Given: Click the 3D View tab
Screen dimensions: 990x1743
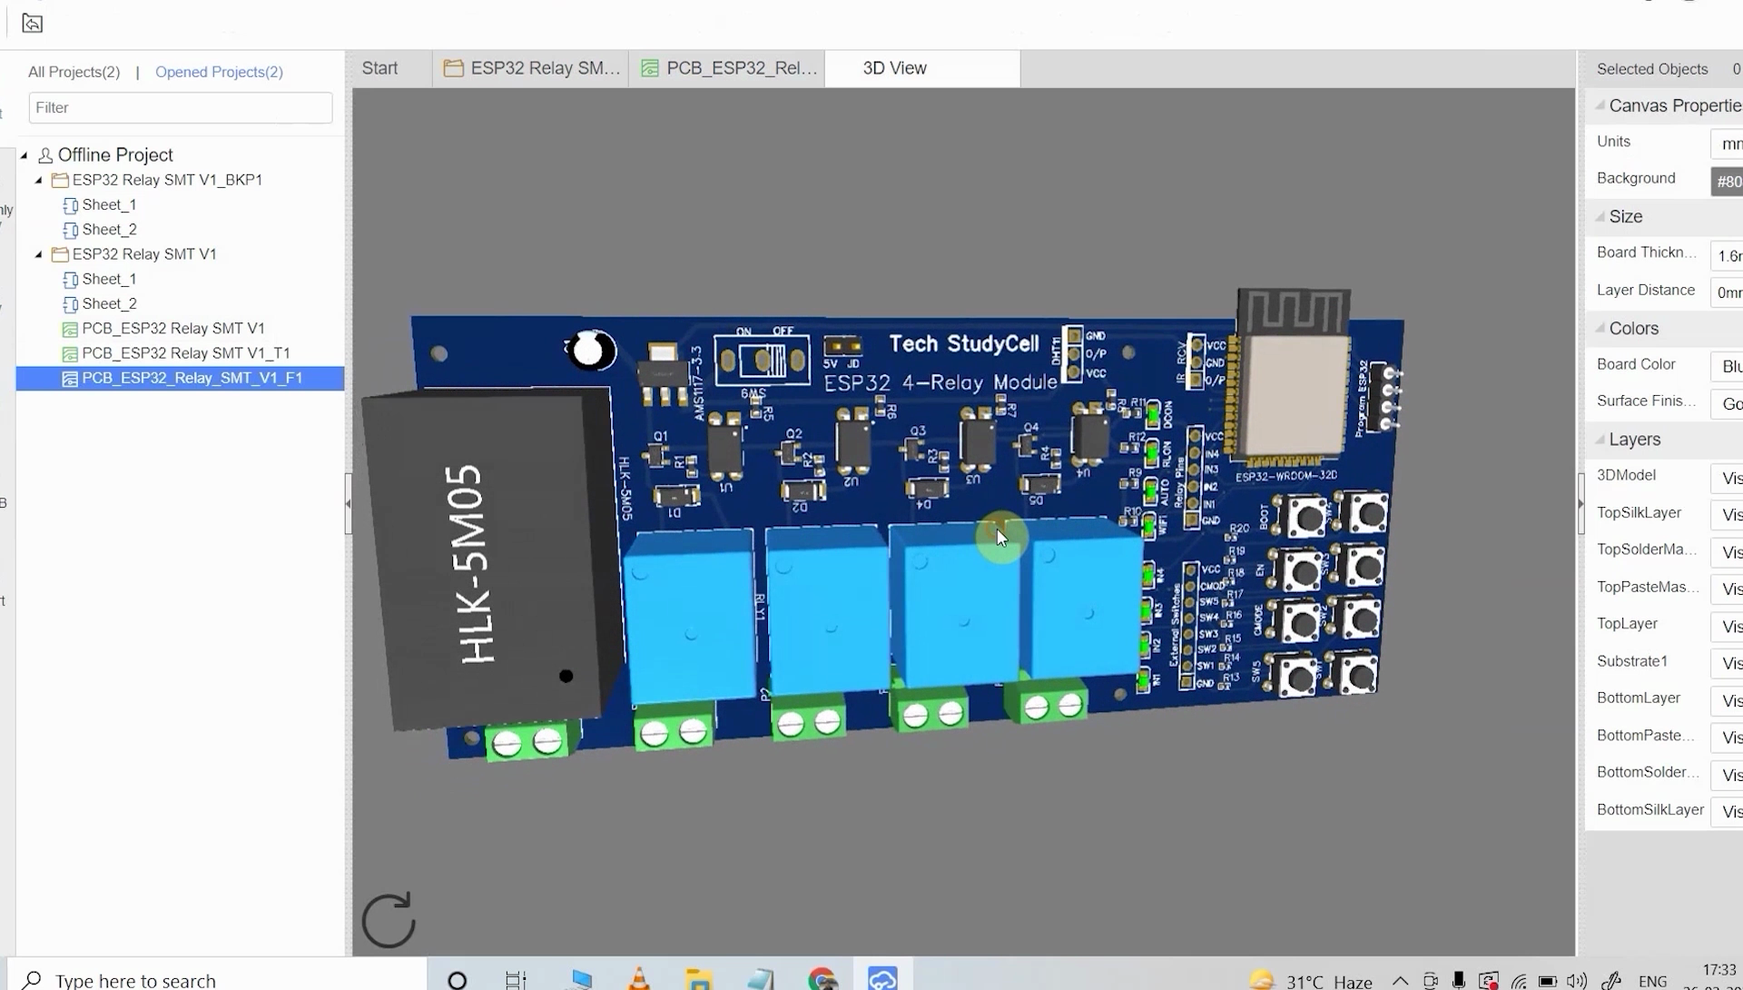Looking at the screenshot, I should point(894,68).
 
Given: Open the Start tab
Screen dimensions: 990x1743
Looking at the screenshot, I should point(379,68).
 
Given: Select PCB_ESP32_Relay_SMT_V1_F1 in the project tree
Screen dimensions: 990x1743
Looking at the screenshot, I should point(192,378).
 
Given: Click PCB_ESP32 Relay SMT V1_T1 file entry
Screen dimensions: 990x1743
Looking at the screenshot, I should point(185,353).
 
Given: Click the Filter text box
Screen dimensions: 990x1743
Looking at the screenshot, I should point(180,107).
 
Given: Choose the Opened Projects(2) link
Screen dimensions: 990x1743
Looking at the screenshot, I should point(219,72).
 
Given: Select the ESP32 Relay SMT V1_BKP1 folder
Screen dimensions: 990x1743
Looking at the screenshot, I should point(167,180).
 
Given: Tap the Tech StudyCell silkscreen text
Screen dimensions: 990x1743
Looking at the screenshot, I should point(963,344).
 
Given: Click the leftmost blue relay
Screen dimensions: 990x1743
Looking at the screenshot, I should point(690,613).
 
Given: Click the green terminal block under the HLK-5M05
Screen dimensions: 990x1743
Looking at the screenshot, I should point(527,742).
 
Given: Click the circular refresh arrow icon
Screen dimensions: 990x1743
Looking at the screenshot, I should point(389,919).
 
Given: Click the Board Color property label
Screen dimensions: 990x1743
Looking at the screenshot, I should point(1636,364).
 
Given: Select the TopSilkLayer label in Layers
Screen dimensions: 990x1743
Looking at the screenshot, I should point(1639,513).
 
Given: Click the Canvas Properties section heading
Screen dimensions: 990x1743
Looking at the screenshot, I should point(1674,105).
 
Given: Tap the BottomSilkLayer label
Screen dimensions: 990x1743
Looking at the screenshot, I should point(1649,809).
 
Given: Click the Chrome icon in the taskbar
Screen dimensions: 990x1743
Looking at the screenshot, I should point(822,979).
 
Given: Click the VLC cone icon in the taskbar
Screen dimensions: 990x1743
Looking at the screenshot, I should point(638,979).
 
